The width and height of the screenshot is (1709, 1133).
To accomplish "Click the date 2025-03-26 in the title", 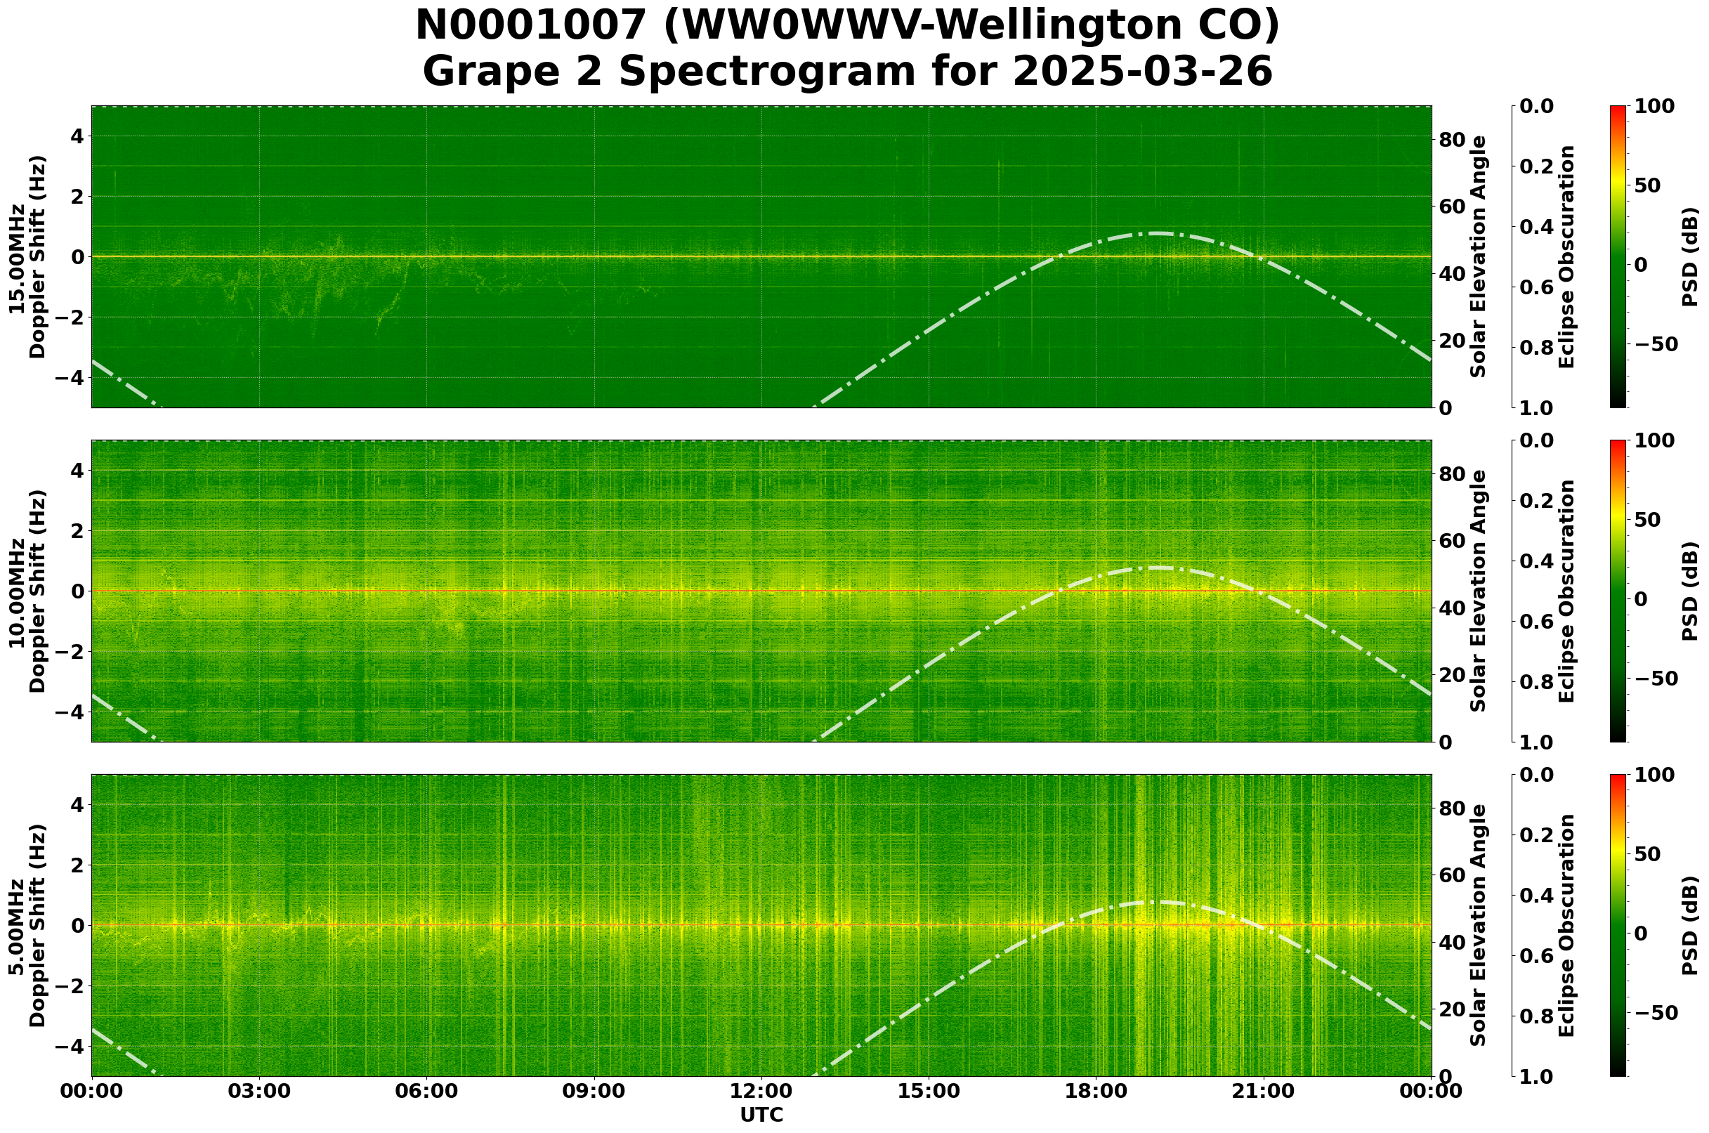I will [x=1141, y=72].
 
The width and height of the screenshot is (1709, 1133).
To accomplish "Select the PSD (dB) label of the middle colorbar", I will [x=1689, y=591].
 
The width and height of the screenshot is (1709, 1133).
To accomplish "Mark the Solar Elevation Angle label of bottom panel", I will [x=1479, y=926].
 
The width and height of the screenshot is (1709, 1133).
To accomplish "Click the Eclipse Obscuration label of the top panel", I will [x=1565, y=256].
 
